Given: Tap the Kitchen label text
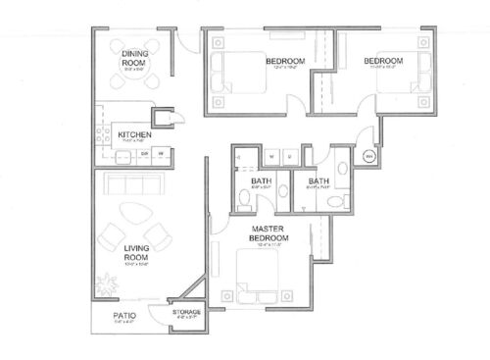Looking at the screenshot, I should [133, 134].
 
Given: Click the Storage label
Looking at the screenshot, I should [186, 312].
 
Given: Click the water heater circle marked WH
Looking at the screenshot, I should [369, 156].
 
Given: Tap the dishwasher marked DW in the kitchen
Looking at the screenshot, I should [144, 153].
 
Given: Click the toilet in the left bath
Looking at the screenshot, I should [245, 201].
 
